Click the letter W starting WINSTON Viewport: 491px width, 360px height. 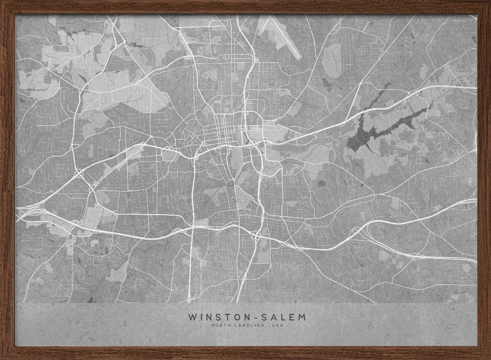pos(191,317)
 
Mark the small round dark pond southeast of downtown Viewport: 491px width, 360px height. pos(322,183)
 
